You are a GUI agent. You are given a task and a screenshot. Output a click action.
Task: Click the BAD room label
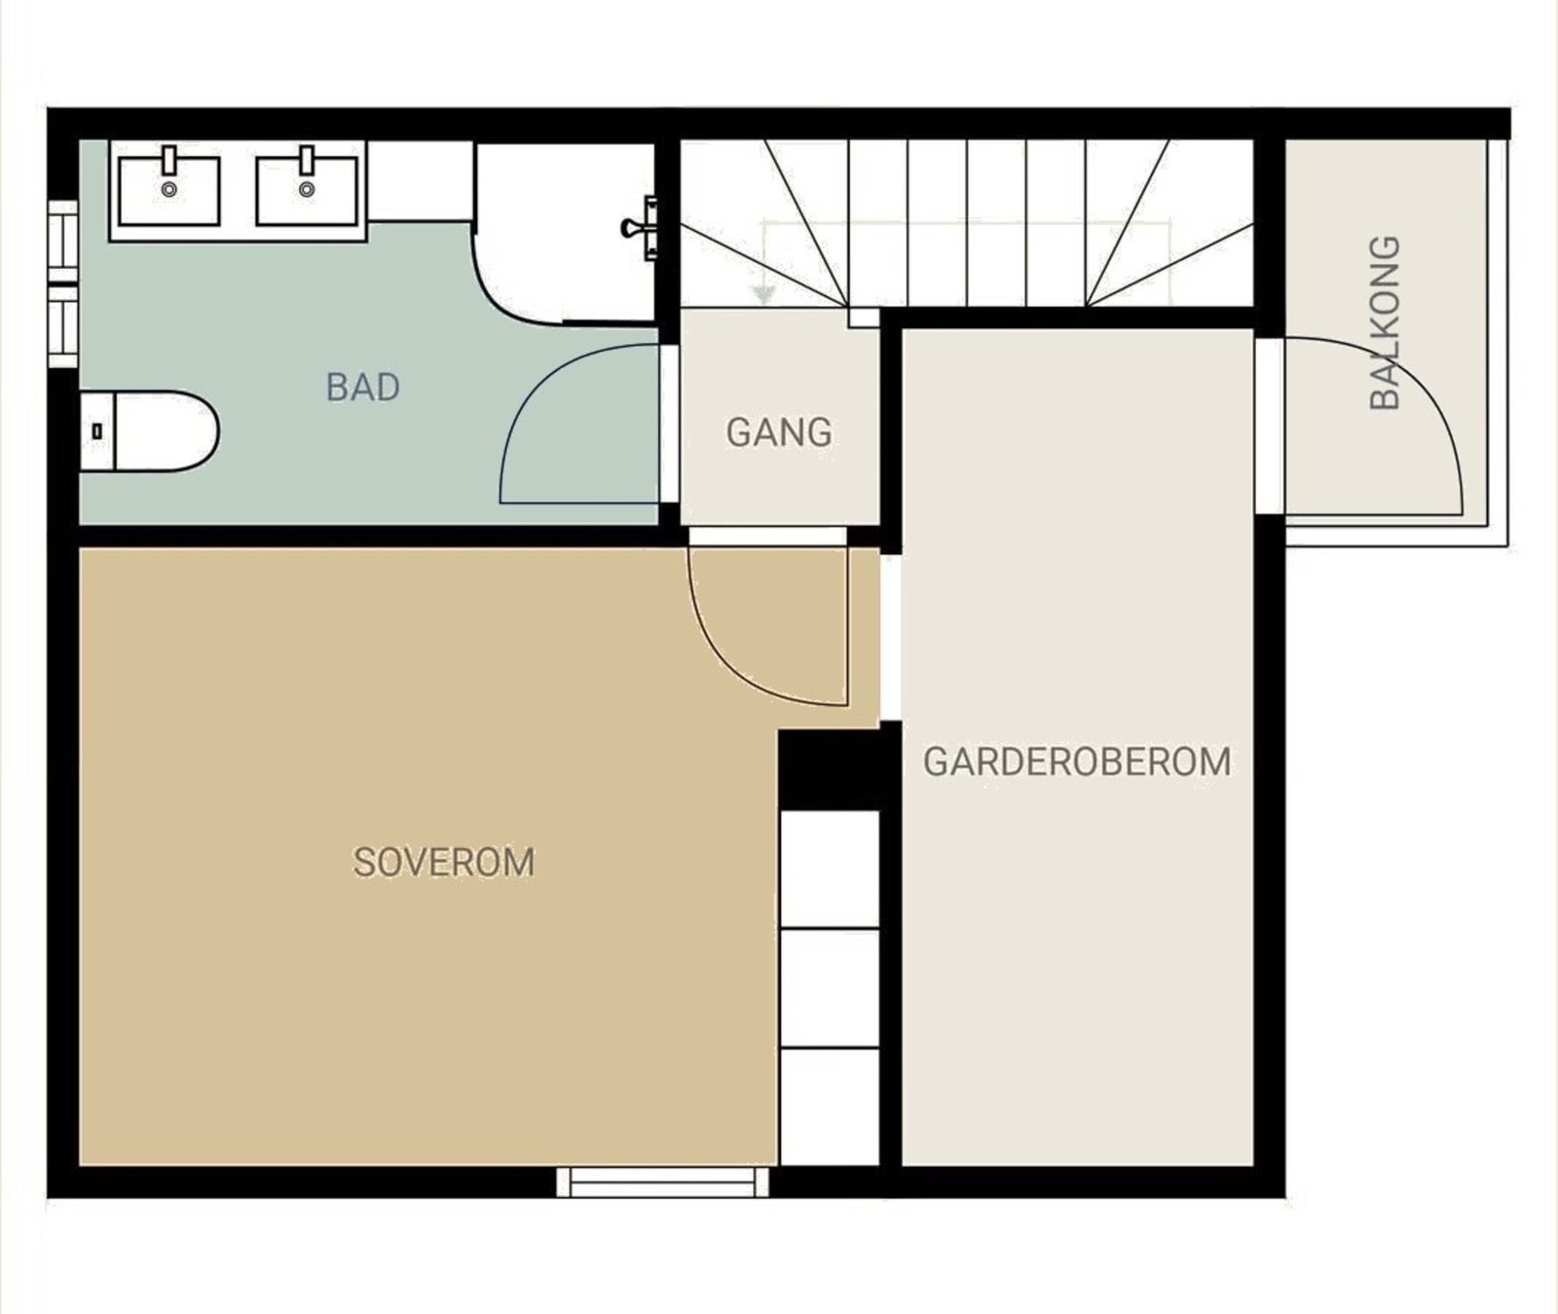pos(362,388)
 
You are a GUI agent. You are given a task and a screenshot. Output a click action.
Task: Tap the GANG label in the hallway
pos(779,432)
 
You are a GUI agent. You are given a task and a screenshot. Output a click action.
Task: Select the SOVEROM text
pos(444,862)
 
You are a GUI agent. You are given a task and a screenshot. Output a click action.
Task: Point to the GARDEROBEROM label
pos(1077,762)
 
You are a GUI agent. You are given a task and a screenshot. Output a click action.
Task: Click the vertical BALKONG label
pos(1384,322)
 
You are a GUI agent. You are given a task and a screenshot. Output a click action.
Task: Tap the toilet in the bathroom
pos(149,431)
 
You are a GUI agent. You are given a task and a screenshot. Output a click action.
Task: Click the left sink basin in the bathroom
pos(169,190)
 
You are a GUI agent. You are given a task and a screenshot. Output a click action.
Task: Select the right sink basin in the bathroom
pos(307,190)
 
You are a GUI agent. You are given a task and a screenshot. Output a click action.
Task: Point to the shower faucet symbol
pos(641,228)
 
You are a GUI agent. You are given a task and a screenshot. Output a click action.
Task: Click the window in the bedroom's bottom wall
pos(662,1182)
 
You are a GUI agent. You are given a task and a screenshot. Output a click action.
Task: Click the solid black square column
pos(830,770)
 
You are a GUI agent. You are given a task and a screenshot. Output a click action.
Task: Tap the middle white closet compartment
pos(830,989)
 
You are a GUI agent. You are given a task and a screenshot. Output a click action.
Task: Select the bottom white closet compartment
pos(830,1107)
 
